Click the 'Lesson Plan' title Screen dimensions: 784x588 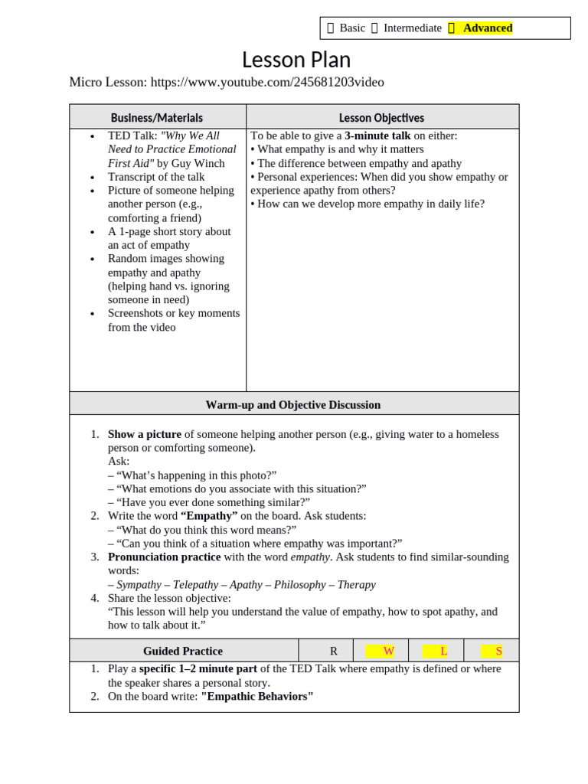click(x=296, y=60)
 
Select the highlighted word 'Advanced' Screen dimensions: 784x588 click(x=488, y=28)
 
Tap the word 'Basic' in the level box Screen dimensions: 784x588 click(x=352, y=28)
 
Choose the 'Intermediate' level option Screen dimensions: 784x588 click(x=412, y=28)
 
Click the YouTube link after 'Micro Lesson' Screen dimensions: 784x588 click(x=267, y=82)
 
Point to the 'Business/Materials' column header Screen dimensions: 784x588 click(x=157, y=118)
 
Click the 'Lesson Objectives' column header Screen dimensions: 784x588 click(x=381, y=118)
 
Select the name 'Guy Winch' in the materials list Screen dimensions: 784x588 click(x=201, y=163)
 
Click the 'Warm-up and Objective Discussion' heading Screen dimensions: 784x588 click(x=293, y=404)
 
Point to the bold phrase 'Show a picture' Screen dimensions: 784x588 click(x=145, y=434)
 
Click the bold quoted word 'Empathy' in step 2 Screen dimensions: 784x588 click(x=209, y=516)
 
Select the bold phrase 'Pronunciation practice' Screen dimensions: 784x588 click(x=164, y=557)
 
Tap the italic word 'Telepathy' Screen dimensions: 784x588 click(x=195, y=585)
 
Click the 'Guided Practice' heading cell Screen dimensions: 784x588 click(x=183, y=651)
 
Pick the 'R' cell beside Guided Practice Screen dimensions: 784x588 click(x=333, y=651)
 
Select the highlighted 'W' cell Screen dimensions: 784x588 click(x=388, y=651)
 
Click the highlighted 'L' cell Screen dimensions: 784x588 click(x=443, y=651)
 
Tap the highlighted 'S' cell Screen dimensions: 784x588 click(x=498, y=651)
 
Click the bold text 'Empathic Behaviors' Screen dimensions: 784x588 click(x=257, y=697)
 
